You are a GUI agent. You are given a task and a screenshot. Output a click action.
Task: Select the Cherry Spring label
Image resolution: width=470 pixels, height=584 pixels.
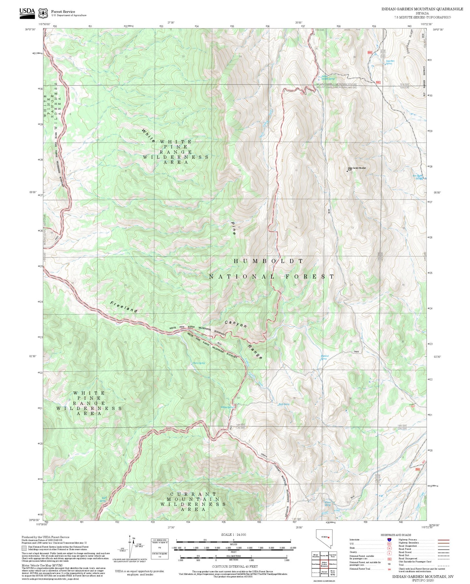click(x=198, y=363)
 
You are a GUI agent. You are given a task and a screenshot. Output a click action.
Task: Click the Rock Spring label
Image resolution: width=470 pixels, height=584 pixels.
click(x=284, y=404)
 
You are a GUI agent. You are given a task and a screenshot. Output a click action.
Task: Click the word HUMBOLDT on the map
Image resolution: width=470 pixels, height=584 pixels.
click(x=268, y=261)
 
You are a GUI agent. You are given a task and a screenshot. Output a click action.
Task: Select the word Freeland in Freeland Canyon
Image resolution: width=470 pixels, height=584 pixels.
click(x=124, y=307)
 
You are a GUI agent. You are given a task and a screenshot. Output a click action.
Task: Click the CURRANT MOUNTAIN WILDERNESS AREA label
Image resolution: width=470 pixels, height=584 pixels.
click(x=193, y=502)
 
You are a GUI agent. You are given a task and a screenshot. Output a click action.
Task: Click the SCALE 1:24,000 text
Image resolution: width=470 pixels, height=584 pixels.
click(x=233, y=535)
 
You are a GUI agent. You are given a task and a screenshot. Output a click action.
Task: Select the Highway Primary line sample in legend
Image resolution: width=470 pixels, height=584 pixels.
click(x=443, y=540)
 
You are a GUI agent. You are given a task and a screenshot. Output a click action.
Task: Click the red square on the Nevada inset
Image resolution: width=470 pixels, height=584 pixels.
click(x=329, y=537)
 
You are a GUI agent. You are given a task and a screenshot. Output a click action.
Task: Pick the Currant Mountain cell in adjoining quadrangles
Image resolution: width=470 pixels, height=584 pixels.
click(x=324, y=572)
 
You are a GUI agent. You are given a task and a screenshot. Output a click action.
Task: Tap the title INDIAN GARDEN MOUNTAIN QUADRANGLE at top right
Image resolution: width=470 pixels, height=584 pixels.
click(x=422, y=9)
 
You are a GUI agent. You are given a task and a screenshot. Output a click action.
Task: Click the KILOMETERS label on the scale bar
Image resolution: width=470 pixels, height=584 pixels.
click(x=233, y=556)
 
